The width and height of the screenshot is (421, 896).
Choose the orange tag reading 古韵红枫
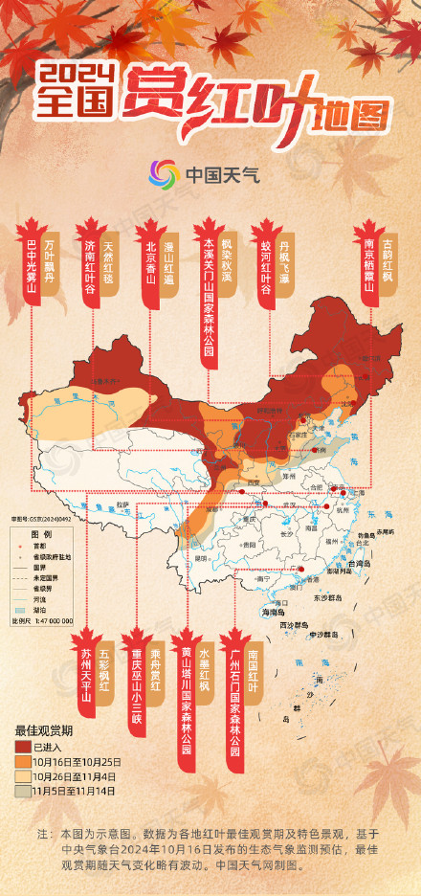(x=387, y=251)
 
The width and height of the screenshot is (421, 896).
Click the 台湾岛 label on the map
(x=366, y=565)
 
